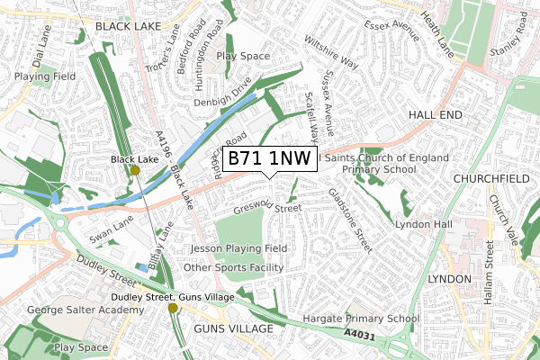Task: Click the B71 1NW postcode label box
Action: coord(269,158)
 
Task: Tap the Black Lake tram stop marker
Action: coord(135,170)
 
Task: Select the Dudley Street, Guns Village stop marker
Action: coord(173,309)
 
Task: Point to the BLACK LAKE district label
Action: coord(127,28)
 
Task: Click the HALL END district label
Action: coord(434,116)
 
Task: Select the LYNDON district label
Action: coord(449,279)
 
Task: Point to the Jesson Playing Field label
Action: coord(238,248)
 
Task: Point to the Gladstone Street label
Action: coord(350,219)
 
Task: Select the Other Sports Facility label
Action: coord(233,268)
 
